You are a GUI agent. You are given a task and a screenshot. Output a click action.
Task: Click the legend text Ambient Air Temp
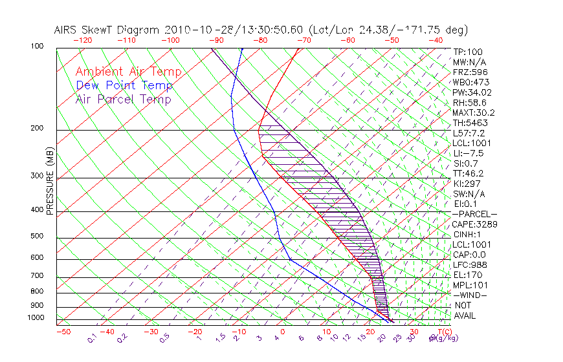pos(128,72)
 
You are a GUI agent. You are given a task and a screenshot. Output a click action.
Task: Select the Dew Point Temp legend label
pos(124,85)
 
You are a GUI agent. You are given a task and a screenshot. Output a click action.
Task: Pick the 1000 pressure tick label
pos(36,318)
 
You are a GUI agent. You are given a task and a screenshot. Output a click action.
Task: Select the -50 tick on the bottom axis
pos(63,332)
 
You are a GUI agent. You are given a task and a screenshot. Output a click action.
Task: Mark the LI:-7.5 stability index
pos(468,153)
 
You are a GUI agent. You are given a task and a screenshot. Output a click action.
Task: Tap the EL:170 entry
pos(467,275)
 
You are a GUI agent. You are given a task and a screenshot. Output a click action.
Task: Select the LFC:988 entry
pos(470,265)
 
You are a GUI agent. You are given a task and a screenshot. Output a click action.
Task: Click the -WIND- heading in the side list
pos(470,295)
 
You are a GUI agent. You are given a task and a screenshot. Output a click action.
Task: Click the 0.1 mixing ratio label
pos(91,337)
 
